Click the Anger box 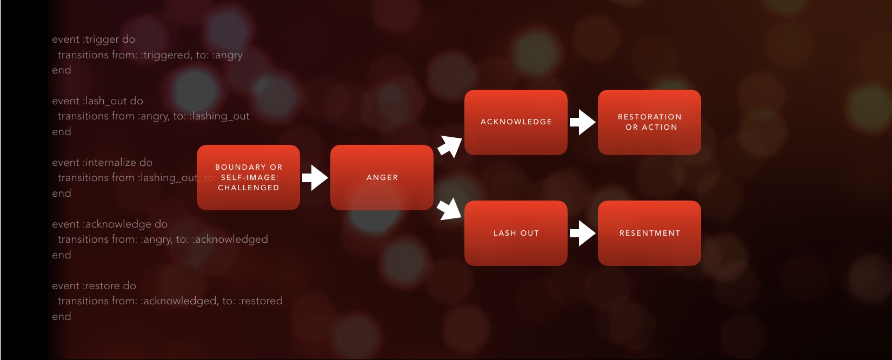point(382,177)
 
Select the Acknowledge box point(516,122)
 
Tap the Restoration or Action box point(649,122)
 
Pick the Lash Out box point(516,233)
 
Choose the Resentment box point(649,233)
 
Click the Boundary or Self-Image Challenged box point(248,177)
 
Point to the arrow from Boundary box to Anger point(315,177)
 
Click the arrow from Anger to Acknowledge point(449,146)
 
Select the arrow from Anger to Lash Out point(449,209)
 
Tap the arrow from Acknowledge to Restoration point(582,122)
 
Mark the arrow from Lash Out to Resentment point(582,233)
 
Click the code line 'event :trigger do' point(94,39)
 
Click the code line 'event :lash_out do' point(97,101)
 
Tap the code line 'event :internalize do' point(102,163)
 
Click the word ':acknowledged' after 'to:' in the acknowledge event point(230,239)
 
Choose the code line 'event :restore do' point(94,286)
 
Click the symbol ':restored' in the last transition point(261,301)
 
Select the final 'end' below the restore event point(62,317)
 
